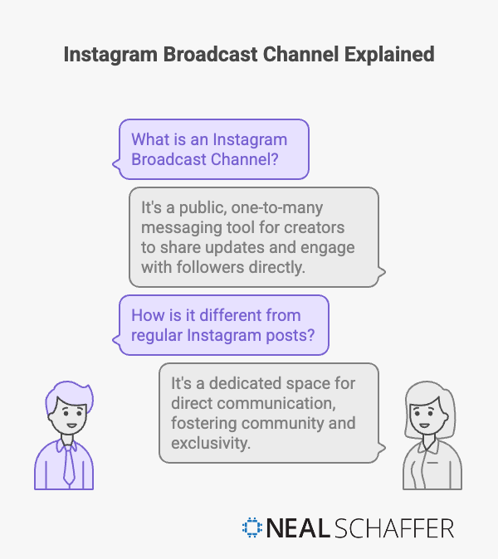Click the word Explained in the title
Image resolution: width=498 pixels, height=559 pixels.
tap(388, 55)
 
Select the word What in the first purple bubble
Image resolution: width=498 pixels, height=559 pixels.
tap(150, 139)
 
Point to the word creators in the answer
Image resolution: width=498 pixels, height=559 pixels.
tap(310, 226)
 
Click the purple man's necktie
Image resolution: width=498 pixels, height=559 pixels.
tap(69, 461)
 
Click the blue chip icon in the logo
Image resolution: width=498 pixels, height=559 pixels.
tap(251, 529)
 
